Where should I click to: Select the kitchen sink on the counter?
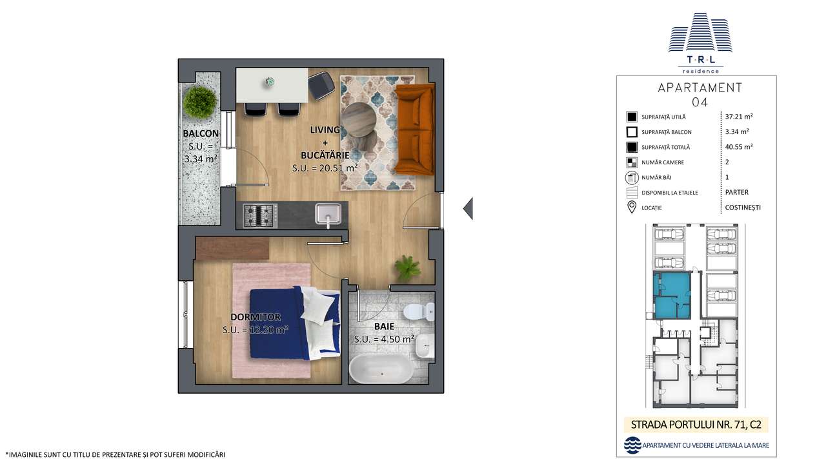click(x=328, y=213)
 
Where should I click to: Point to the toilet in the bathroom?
click(x=418, y=313)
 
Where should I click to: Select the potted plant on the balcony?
click(x=199, y=102)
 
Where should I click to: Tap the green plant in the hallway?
click(x=407, y=267)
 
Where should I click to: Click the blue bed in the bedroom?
click(x=294, y=325)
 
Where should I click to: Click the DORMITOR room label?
click(x=256, y=317)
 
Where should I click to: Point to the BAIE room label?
click(x=383, y=327)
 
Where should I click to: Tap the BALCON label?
click(x=201, y=134)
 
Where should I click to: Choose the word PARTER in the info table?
click(x=737, y=192)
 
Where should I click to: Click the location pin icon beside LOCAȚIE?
click(x=632, y=207)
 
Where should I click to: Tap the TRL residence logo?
click(x=700, y=42)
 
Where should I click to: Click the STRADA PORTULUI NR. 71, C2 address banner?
click(x=696, y=425)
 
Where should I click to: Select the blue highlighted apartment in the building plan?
click(x=671, y=295)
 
